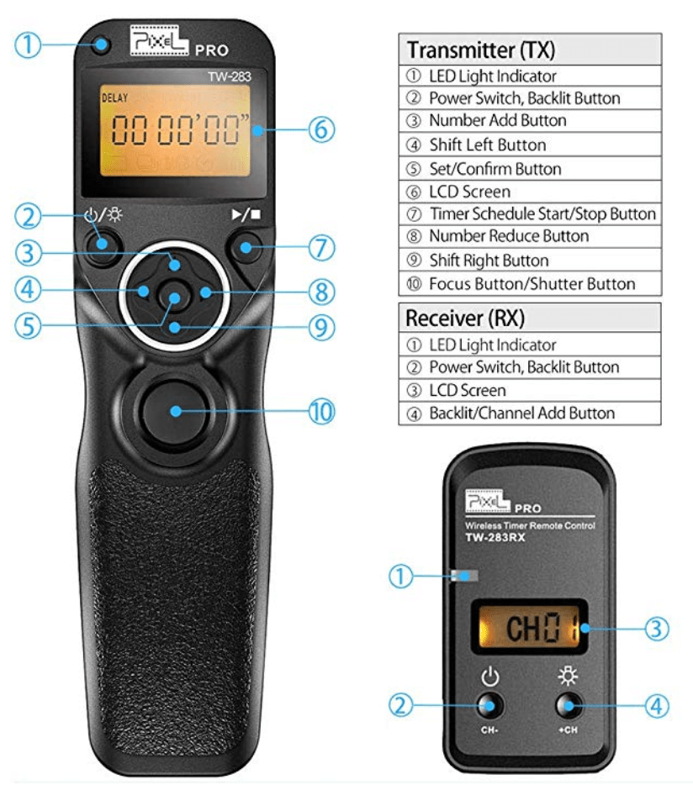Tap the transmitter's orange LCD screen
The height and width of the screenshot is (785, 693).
tap(175, 130)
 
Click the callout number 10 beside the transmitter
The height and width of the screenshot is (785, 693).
tap(321, 412)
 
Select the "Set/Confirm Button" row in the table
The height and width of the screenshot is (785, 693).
tap(530, 169)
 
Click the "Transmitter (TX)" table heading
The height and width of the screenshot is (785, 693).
tap(480, 50)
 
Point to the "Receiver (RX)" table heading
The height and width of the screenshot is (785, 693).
tap(464, 318)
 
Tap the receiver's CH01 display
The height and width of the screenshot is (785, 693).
tap(530, 627)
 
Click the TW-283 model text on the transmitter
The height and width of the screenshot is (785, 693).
tap(230, 76)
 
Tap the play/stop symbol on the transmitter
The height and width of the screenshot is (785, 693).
tap(246, 215)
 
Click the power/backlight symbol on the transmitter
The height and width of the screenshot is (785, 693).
tap(103, 215)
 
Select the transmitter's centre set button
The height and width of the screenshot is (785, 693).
tap(174, 295)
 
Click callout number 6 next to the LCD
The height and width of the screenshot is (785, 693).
tap(321, 129)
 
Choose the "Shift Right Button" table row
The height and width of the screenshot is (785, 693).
tap(530, 261)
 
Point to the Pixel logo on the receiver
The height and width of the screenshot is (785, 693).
tap(487, 501)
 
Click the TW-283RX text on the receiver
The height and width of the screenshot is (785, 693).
tap(495, 538)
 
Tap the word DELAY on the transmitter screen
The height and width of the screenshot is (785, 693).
tap(114, 98)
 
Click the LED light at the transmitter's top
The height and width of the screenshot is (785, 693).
tap(102, 45)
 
